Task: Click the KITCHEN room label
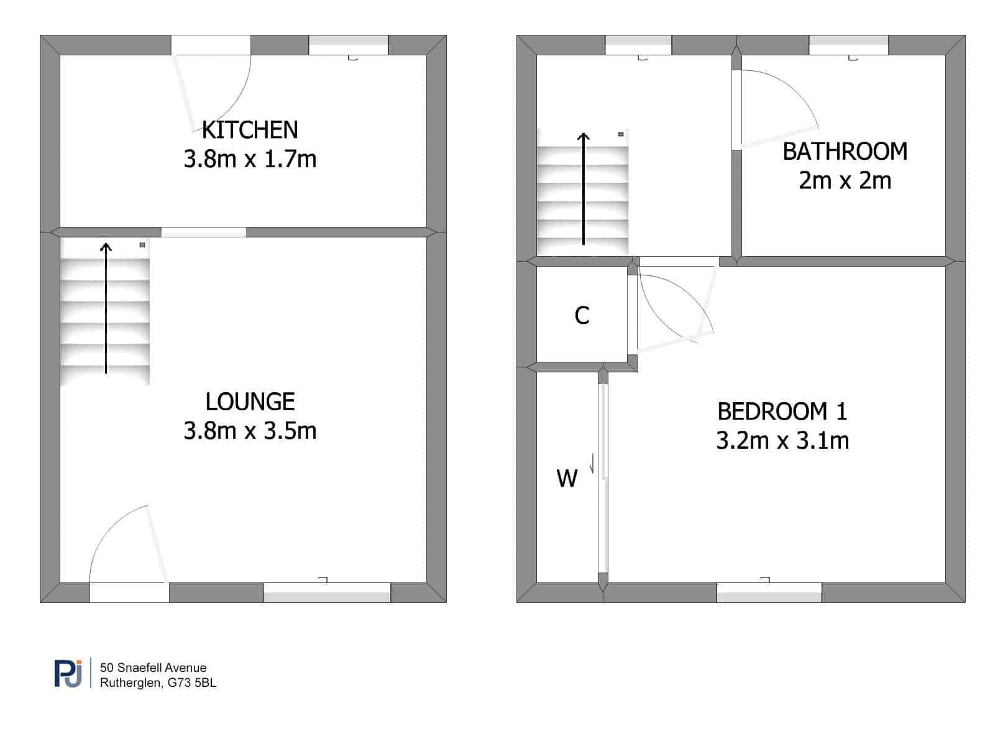point(250,130)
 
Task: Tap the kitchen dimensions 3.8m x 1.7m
point(250,159)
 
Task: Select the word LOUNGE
point(250,402)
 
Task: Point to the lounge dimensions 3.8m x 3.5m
point(250,431)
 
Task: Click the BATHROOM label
point(845,152)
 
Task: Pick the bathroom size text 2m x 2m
point(845,181)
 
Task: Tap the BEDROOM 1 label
point(782,411)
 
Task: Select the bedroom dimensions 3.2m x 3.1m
point(782,441)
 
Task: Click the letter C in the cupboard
point(582,316)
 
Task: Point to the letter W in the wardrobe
point(567,479)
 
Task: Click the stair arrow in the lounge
point(106,308)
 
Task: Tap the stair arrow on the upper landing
point(584,188)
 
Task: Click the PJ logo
point(68,673)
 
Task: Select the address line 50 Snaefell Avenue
point(153,668)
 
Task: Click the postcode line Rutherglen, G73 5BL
point(158,683)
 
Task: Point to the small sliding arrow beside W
point(592,463)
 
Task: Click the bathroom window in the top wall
point(849,45)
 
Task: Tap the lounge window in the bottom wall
point(327,592)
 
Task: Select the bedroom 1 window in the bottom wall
point(769,592)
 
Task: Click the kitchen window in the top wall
point(348,45)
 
